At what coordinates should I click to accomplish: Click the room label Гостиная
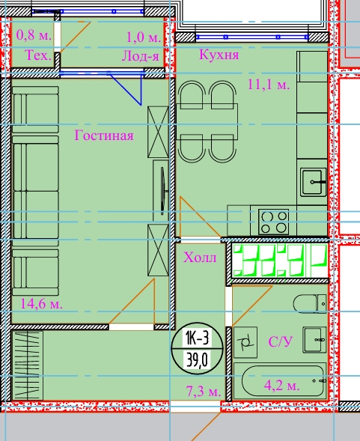pos(104,136)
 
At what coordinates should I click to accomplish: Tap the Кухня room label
pos(219,55)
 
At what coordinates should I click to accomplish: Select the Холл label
pos(200,258)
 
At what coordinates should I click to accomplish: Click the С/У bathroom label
pos(281,341)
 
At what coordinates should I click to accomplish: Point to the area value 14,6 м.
pos(41,304)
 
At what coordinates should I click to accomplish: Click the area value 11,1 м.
pos(269,84)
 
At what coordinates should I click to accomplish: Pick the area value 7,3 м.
pos(204,391)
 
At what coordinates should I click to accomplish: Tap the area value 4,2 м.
pos(281,386)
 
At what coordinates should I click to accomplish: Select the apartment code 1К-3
pos(197,338)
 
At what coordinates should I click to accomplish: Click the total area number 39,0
pos(197,359)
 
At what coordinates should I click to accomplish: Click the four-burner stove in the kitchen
pos(274,222)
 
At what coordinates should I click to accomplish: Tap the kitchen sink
pos(313,182)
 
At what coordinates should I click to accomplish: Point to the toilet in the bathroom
pos(310,304)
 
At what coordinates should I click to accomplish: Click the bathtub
pos(281,381)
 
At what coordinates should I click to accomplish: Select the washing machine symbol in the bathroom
pos(245,342)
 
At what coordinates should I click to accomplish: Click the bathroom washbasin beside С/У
pos(314,340)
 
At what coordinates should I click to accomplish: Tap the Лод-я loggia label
pos(141,57)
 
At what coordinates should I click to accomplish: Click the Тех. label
pos(38,55)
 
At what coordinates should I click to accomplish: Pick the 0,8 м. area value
pos(34,35)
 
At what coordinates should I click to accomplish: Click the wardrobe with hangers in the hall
pos(27,365)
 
